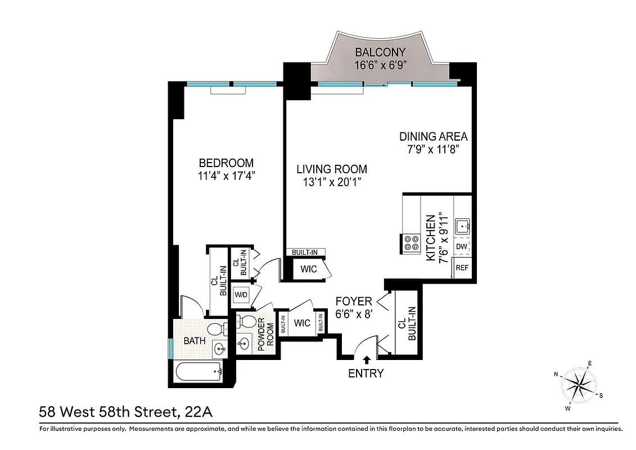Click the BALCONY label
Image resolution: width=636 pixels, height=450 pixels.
381,52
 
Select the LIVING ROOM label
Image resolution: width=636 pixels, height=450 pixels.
332,169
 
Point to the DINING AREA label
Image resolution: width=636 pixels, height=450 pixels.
433,137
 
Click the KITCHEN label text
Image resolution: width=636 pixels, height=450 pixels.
430,237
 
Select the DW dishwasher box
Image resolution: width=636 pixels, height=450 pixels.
461,247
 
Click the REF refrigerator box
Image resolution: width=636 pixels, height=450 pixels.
462,268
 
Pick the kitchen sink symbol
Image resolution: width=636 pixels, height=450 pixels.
463,226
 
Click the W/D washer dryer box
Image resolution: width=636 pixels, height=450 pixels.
241,295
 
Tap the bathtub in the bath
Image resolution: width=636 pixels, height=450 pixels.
197,371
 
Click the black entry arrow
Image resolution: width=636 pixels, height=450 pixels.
367,359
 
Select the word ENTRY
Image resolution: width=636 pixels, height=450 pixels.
366,373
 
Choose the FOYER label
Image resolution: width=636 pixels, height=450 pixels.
354,301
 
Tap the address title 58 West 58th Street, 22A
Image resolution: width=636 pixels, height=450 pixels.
125,412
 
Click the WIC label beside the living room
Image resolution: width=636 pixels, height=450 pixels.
308,269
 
